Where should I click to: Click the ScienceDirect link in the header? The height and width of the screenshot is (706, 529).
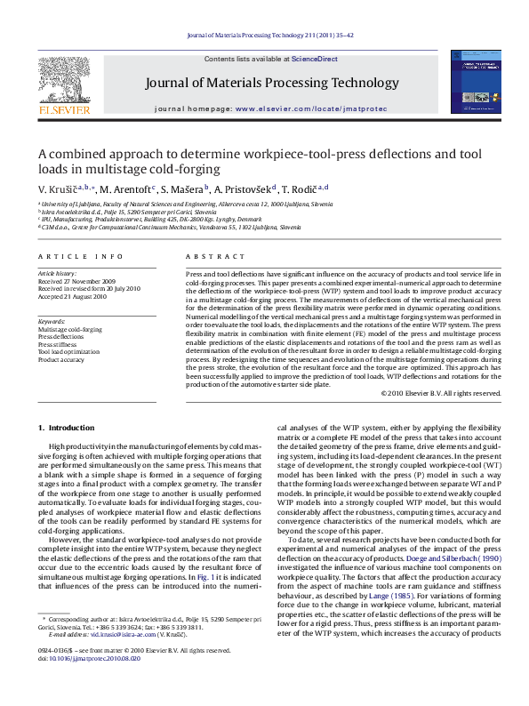(x=315, y=59)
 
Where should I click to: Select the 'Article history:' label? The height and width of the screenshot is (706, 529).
(x=57, y=274)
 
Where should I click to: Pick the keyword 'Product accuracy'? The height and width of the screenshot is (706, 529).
(x=61, y=360)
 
